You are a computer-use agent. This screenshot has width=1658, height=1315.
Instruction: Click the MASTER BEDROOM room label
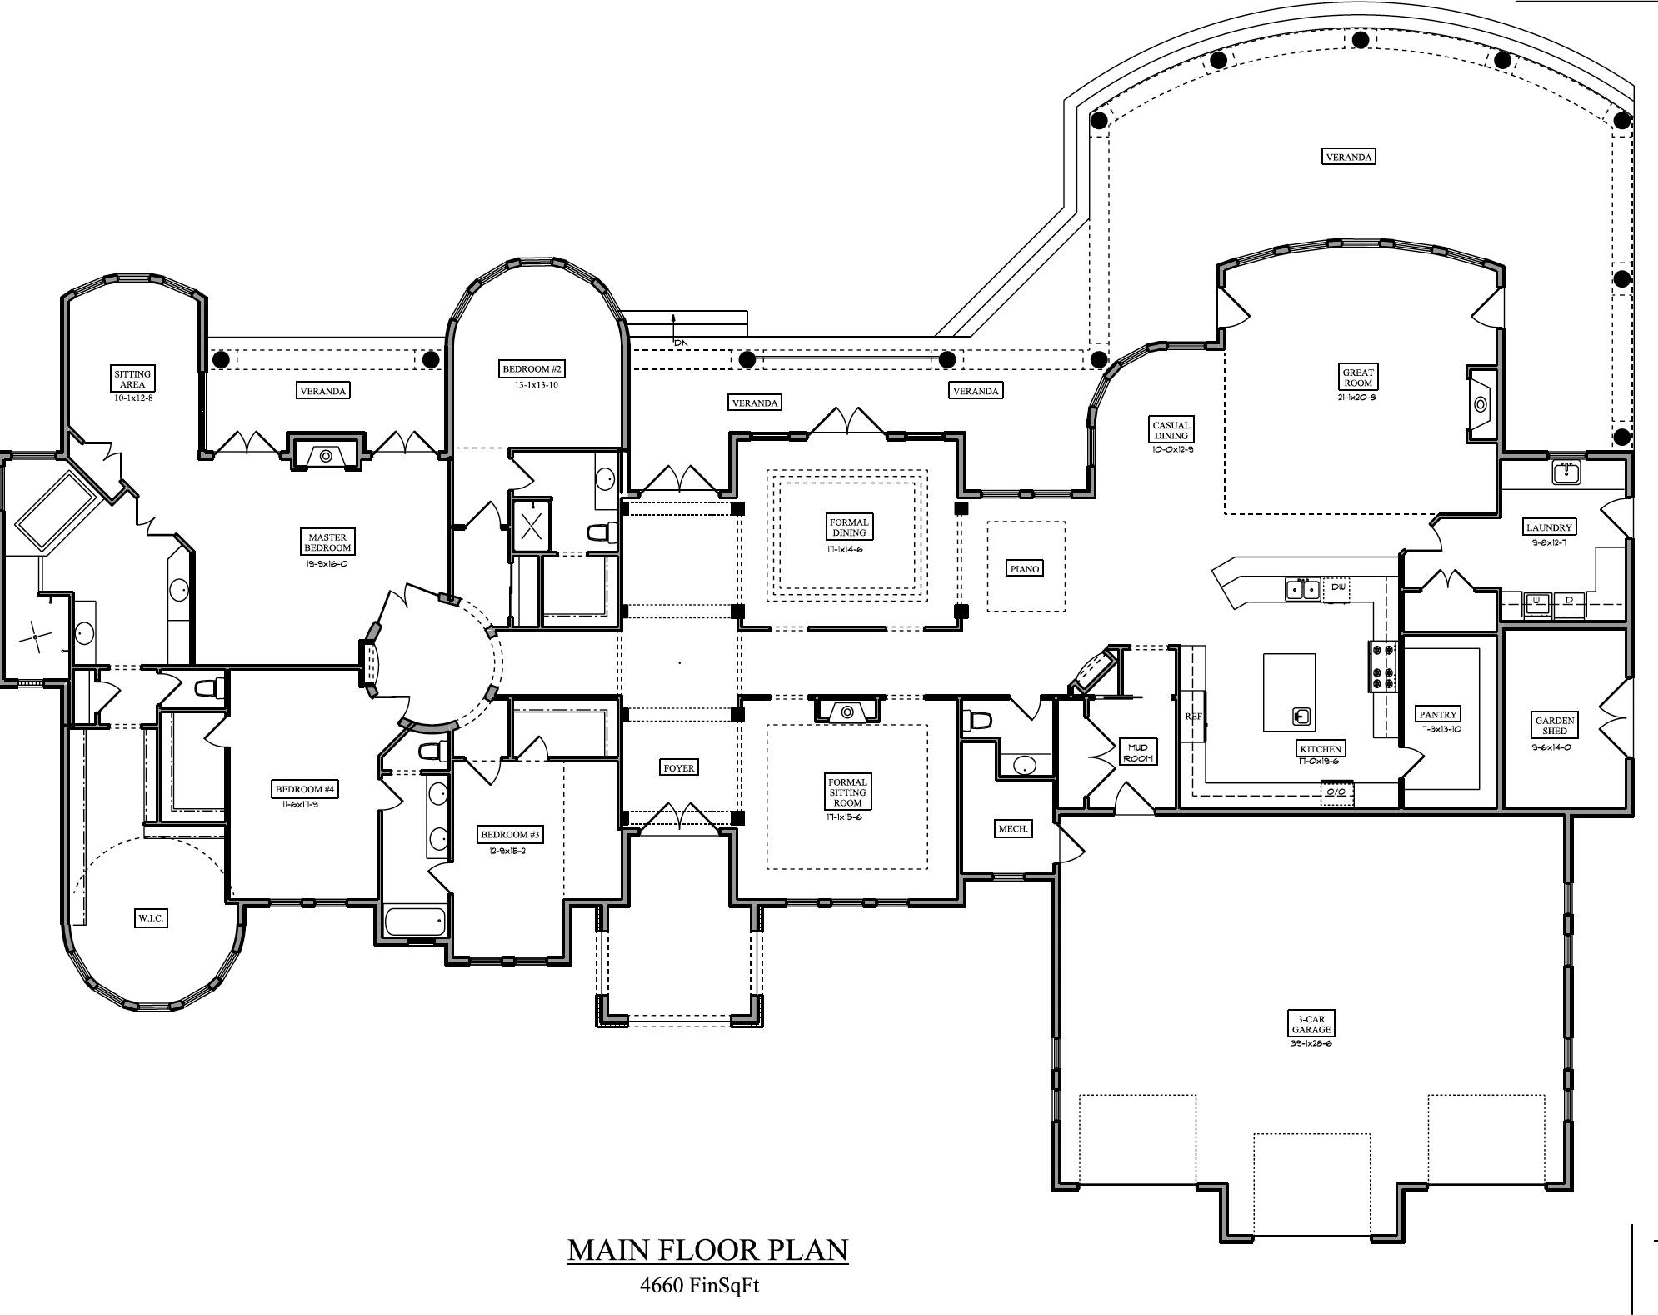coord(327,542)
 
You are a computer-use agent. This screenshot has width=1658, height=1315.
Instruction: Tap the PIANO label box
coord(1025,568)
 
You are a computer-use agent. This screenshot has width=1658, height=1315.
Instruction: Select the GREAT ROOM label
coord(1358,377)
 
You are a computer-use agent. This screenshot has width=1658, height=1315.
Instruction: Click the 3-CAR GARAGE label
coord(1311,1024)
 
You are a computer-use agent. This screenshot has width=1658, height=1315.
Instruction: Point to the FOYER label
coord(678,767)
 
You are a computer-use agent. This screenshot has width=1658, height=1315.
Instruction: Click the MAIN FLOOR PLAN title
coord(707,1250)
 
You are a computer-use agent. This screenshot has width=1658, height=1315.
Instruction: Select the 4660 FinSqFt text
coord(699,1285)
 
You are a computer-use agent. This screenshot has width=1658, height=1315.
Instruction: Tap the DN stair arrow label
coord(681,342)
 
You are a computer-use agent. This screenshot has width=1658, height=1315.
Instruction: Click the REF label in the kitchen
coord(1193,717)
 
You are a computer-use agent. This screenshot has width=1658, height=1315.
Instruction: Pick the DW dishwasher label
coord(1338,587)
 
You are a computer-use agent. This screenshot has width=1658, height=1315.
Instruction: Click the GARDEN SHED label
coord(1555,725)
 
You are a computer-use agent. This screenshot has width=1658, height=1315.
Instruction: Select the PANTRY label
coord(1438,714)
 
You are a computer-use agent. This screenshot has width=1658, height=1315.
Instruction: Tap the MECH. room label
coord(1013,828)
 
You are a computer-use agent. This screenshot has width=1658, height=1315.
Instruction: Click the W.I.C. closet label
coord(151,918)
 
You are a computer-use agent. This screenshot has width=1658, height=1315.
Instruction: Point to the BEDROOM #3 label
coord(511,834)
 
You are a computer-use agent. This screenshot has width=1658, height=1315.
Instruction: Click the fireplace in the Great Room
coord(1481,404)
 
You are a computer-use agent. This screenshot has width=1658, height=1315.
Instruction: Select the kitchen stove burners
coord(1383,666)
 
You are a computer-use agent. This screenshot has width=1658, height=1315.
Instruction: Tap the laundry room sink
coord(1566,472)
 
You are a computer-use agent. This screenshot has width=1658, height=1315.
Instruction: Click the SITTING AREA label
coord(132,379)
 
